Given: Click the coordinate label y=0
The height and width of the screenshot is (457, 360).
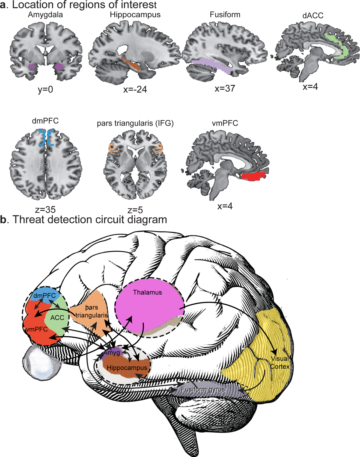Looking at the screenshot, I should tap(45, 90).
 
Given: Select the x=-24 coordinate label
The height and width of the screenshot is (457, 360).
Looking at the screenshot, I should tap(135, 90).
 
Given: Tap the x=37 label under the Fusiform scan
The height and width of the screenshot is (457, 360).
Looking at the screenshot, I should tap(225, 89).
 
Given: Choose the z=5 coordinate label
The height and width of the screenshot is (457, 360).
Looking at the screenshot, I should tap(135, 210).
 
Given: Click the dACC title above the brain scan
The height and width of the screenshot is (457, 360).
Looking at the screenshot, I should tap(313, 16).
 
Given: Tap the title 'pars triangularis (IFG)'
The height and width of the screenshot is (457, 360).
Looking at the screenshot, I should tap(135, 123).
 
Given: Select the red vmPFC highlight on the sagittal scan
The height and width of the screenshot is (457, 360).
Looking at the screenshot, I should tap(253, 176).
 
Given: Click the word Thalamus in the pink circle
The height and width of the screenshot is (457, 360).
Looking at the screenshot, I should tap(148, 292).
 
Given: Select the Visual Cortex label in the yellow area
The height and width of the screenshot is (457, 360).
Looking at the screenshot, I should tap(280, 363).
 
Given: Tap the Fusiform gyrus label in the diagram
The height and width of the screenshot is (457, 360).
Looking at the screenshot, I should tap(203, 390).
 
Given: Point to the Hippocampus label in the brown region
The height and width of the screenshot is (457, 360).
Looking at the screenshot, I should tap(127, 368).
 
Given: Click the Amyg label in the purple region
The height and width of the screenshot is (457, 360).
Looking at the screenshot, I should tap(112, 353).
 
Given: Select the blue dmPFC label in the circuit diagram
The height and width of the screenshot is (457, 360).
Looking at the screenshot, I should tap(45, 296).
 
